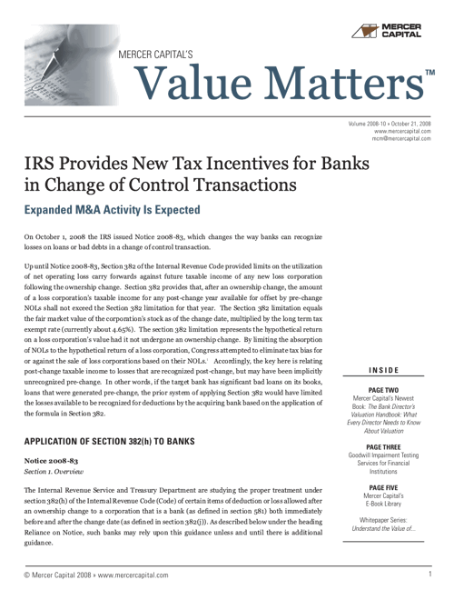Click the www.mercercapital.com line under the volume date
(x=402, y=131)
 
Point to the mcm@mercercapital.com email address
(x=402, y=139)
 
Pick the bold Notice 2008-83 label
(x=50, y=462)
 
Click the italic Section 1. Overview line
(x=54, y=474)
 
